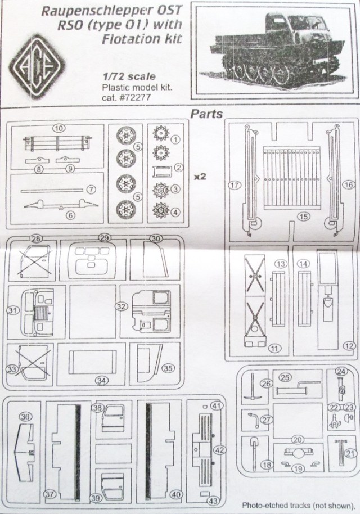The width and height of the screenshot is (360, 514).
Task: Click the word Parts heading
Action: (207, 114)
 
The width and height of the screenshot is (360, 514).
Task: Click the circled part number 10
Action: (58, 128)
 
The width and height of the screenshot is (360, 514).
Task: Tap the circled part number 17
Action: (233, 183)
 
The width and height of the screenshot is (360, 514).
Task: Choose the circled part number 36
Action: (24, 417)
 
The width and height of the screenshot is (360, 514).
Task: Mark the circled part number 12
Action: (350, 345)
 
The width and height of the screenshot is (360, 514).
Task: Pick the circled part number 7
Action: (91, 191)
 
